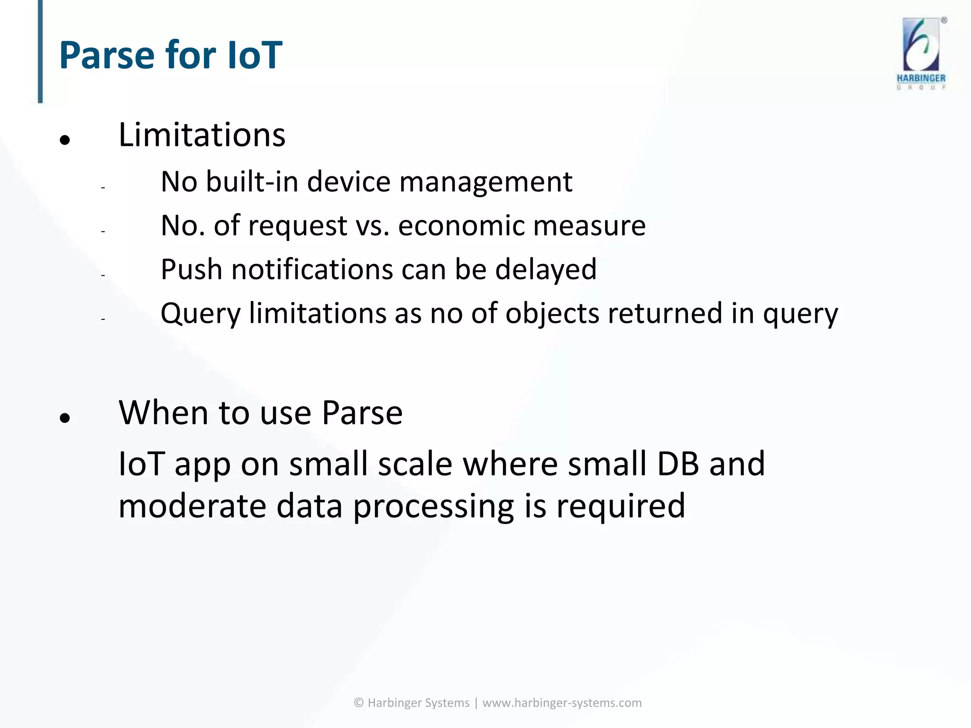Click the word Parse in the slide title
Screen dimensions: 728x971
(107, 55)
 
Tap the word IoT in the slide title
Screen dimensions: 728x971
(255, 55)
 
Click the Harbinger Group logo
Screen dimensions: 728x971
(921, 53)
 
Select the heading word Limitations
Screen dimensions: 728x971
(202, 135)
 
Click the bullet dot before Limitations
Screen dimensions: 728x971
(65, 140)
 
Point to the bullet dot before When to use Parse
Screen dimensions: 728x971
(65, 418)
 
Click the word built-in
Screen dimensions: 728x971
(251, 182)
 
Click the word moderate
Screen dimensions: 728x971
(192, 506)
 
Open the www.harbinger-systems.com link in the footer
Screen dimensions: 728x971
(562, 703)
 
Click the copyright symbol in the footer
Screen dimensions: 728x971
(359, 703)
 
